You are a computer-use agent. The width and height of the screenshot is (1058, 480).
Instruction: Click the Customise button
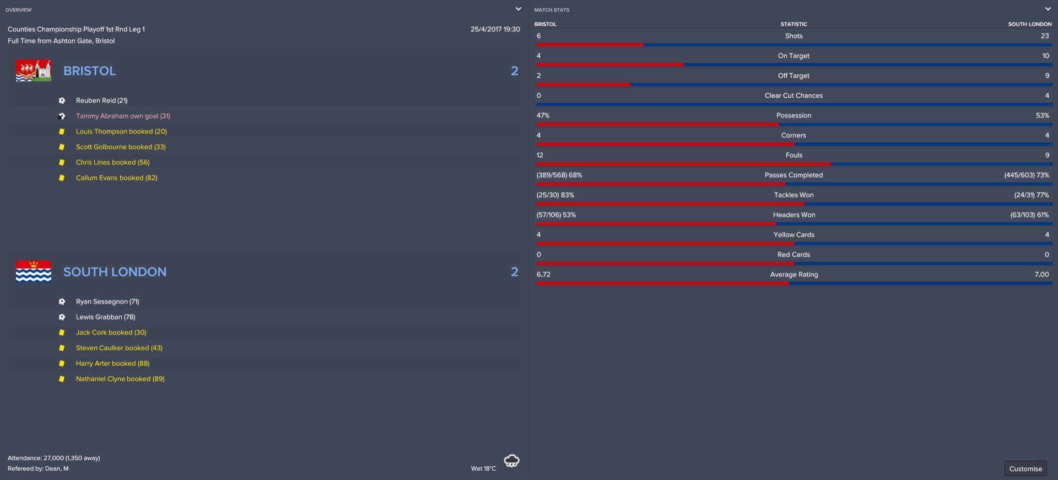(1025, 468)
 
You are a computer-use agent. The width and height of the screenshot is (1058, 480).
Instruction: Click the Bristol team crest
(34, 71)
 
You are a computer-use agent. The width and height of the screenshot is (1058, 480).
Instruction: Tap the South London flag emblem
(34, 271)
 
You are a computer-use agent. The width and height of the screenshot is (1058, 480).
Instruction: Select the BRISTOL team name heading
(89, 71)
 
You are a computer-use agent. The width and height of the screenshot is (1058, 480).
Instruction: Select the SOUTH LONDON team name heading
(115, 271)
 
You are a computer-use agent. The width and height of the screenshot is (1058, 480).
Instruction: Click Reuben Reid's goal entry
(101, 100)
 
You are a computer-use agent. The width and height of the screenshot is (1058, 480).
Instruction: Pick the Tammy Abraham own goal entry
(123, 116)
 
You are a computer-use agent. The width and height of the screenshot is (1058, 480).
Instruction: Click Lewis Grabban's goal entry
(105, 317)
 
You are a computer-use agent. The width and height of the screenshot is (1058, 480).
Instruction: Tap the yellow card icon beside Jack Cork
(62, 332)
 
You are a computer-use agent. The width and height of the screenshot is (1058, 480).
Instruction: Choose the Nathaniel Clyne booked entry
(120, 378)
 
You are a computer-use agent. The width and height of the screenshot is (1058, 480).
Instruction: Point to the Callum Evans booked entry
(116, 178)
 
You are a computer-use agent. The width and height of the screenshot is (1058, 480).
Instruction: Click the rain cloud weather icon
(511, 461)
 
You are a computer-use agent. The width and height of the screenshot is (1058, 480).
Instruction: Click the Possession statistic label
(793, 115)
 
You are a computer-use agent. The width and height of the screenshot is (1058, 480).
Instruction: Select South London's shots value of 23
(1044, 36)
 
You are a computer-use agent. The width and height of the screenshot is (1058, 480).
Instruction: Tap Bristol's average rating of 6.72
(543, 274)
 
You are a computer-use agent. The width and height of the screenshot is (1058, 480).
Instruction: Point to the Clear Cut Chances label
(793, 95)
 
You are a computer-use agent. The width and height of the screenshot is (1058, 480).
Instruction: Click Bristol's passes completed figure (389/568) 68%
(559, 175)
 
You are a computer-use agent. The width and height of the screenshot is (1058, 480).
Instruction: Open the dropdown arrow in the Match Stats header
(1048, 9)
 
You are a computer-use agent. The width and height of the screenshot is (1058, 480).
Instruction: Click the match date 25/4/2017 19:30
(495, 29)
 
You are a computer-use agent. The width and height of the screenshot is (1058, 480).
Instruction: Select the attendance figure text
(54, 458)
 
